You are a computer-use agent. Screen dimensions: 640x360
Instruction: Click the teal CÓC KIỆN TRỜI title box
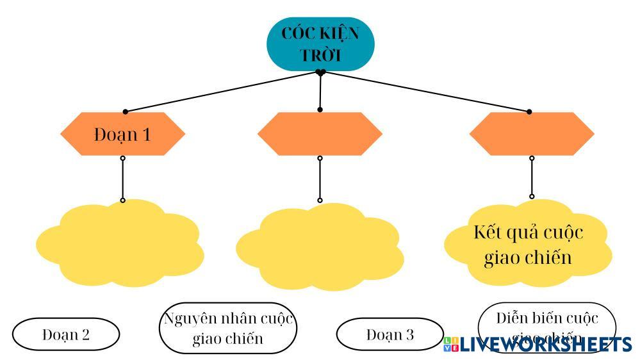click(321, 44)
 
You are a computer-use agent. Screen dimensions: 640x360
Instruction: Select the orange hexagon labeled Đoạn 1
click(122, 134)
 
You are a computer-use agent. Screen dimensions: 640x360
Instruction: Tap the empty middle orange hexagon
click(320, 134)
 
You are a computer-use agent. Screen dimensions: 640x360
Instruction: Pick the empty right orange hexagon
click(531, 134)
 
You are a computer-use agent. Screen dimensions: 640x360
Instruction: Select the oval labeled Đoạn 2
click(66, 334)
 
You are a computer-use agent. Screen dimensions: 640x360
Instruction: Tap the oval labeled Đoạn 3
click(390, 334)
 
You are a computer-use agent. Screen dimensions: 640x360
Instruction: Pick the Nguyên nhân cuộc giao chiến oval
click(228, 328)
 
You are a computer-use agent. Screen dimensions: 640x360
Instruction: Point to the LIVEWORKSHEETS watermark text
click(545, 345)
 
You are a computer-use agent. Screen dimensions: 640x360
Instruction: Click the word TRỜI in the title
click(321, 54)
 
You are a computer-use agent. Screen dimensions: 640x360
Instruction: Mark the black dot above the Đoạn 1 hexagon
click(125, 112)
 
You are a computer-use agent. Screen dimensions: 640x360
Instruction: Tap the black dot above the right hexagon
click(529, 112)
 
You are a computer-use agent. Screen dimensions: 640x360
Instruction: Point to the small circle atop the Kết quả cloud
click(531, 197)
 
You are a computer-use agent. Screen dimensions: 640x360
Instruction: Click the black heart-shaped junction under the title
click(321, 72)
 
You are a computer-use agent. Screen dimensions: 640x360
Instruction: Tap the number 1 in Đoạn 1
click(146, 135)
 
